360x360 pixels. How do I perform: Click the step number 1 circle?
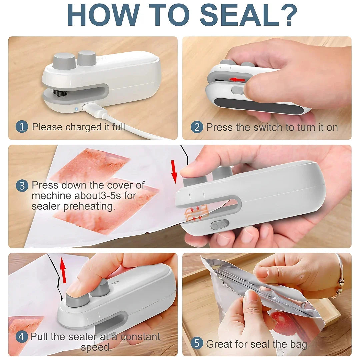pos(22,127)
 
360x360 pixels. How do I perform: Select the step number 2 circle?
pos(197,127)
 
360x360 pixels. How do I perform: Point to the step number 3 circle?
pos(22,186)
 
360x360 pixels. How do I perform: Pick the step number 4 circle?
pos(22,336)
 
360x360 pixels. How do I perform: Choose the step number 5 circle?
pos(197,343)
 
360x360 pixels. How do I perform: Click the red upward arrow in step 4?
pos(63,270)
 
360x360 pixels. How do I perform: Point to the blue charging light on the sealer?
pos(76,109)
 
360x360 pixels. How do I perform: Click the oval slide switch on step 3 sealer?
pos(220,225)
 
